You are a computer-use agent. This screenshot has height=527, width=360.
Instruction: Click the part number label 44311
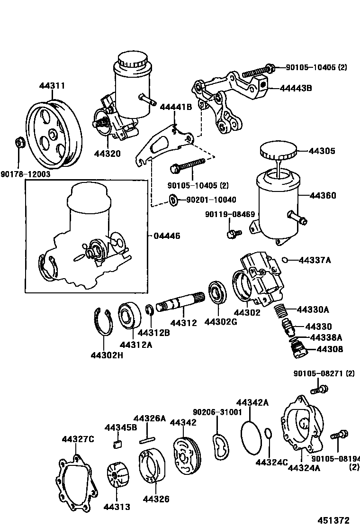(52, 86)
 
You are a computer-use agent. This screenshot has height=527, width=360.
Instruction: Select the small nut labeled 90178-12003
(20, 142)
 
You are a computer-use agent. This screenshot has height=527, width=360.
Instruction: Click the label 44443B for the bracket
(296, 88)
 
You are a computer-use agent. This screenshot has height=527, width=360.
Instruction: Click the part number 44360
(323, 196)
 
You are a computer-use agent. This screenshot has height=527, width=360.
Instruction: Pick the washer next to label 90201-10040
(173, 200)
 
